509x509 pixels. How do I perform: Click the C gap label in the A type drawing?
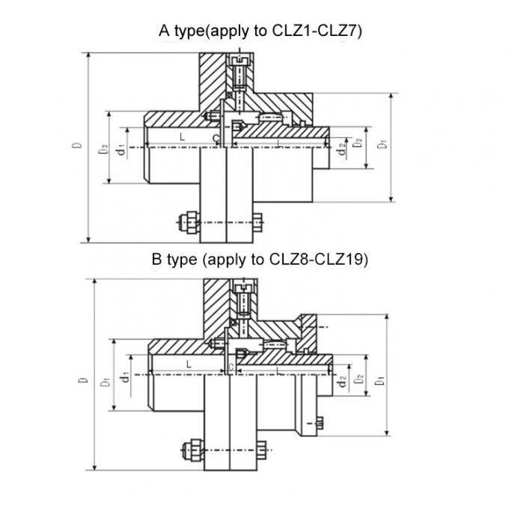coord(215,139)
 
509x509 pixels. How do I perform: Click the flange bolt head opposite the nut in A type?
coord(257,222)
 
